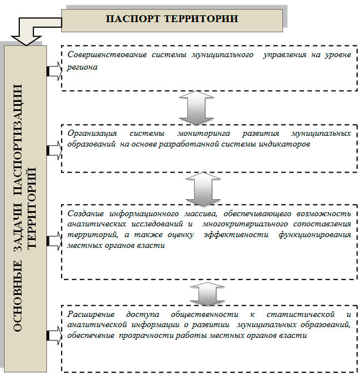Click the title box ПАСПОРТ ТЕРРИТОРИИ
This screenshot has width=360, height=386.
(x=172, y=20)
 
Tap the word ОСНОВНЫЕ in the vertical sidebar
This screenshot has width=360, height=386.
(x=18, y=295)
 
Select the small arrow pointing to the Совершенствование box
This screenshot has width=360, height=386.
(x=54, y=71)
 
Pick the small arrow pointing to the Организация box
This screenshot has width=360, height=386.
(x=54, y=150)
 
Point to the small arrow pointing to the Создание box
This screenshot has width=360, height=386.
(x=54, y=241)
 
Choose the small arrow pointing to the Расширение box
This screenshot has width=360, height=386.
(x=54, y=335)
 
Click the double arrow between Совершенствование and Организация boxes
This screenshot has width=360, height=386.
(x=196, y=108)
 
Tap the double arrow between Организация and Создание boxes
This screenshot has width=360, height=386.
(x=203, y=189)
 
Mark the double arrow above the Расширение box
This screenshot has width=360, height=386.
(x=207, y=294)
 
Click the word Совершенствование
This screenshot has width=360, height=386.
(x=107, y=54)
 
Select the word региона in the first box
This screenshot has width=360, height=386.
(x=82, y=67)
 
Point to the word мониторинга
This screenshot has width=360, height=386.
(x=204, y=133)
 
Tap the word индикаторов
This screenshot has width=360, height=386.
(x=284, y=144)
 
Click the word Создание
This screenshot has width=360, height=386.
(x=85, y=213)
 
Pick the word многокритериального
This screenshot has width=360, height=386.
(x=245, y=224)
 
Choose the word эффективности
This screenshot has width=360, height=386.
(x=236, y=234)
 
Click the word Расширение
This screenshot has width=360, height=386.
(x=91, y=314)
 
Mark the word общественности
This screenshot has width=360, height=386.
(x=205, y=314)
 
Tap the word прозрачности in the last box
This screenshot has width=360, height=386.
(x=147, y=335)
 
